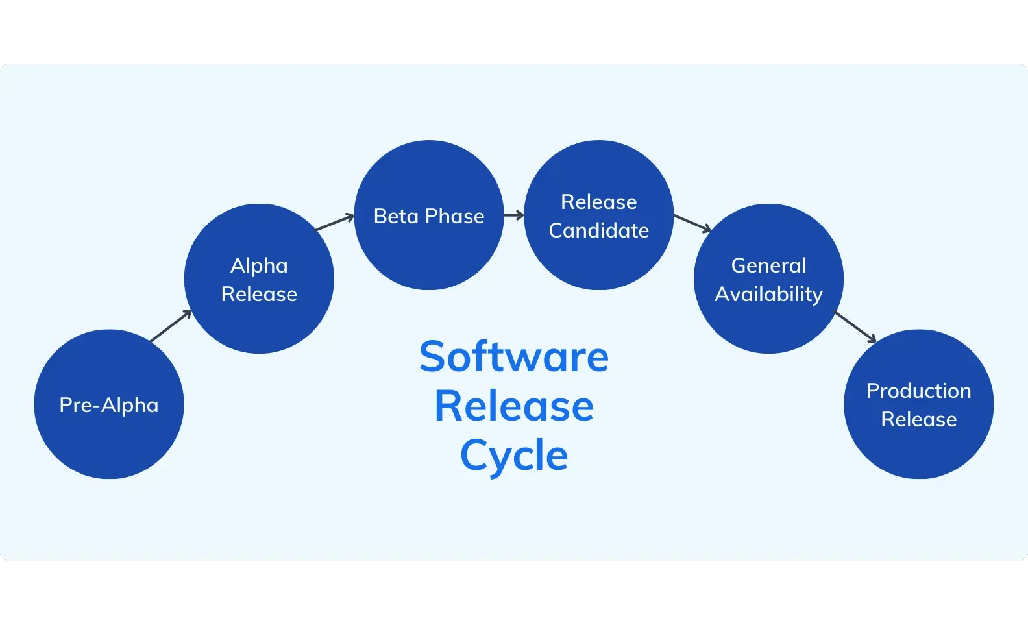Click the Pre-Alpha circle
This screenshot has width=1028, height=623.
tap(109, 428)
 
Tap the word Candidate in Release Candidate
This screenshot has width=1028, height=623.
tap(598, 230)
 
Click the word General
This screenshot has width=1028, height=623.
tap(768, 265)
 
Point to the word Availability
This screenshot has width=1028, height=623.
tap(768, 294)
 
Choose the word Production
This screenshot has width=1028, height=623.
tap(918, 391)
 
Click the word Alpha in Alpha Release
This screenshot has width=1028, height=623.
tap(259, 265)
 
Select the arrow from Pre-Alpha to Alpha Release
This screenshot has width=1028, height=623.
tap(171, 326)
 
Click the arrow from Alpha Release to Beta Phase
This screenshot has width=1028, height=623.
tap(334, 223)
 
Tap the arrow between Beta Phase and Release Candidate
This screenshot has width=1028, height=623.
tap(513, 215)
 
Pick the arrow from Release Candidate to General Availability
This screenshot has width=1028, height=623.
tap(692, 223)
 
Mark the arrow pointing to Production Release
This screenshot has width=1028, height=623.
tap(855, 327)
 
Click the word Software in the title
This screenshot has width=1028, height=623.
tap(514, 357)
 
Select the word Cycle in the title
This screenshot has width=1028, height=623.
tap(514, 456)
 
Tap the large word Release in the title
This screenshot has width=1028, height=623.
tap(514, 407)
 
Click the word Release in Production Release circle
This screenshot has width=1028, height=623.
tap(918, 419)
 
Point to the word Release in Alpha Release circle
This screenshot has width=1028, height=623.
tap(259, 294)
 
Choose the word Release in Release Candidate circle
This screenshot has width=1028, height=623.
tap(598, 202)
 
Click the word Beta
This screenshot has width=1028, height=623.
tap(396, 216)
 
